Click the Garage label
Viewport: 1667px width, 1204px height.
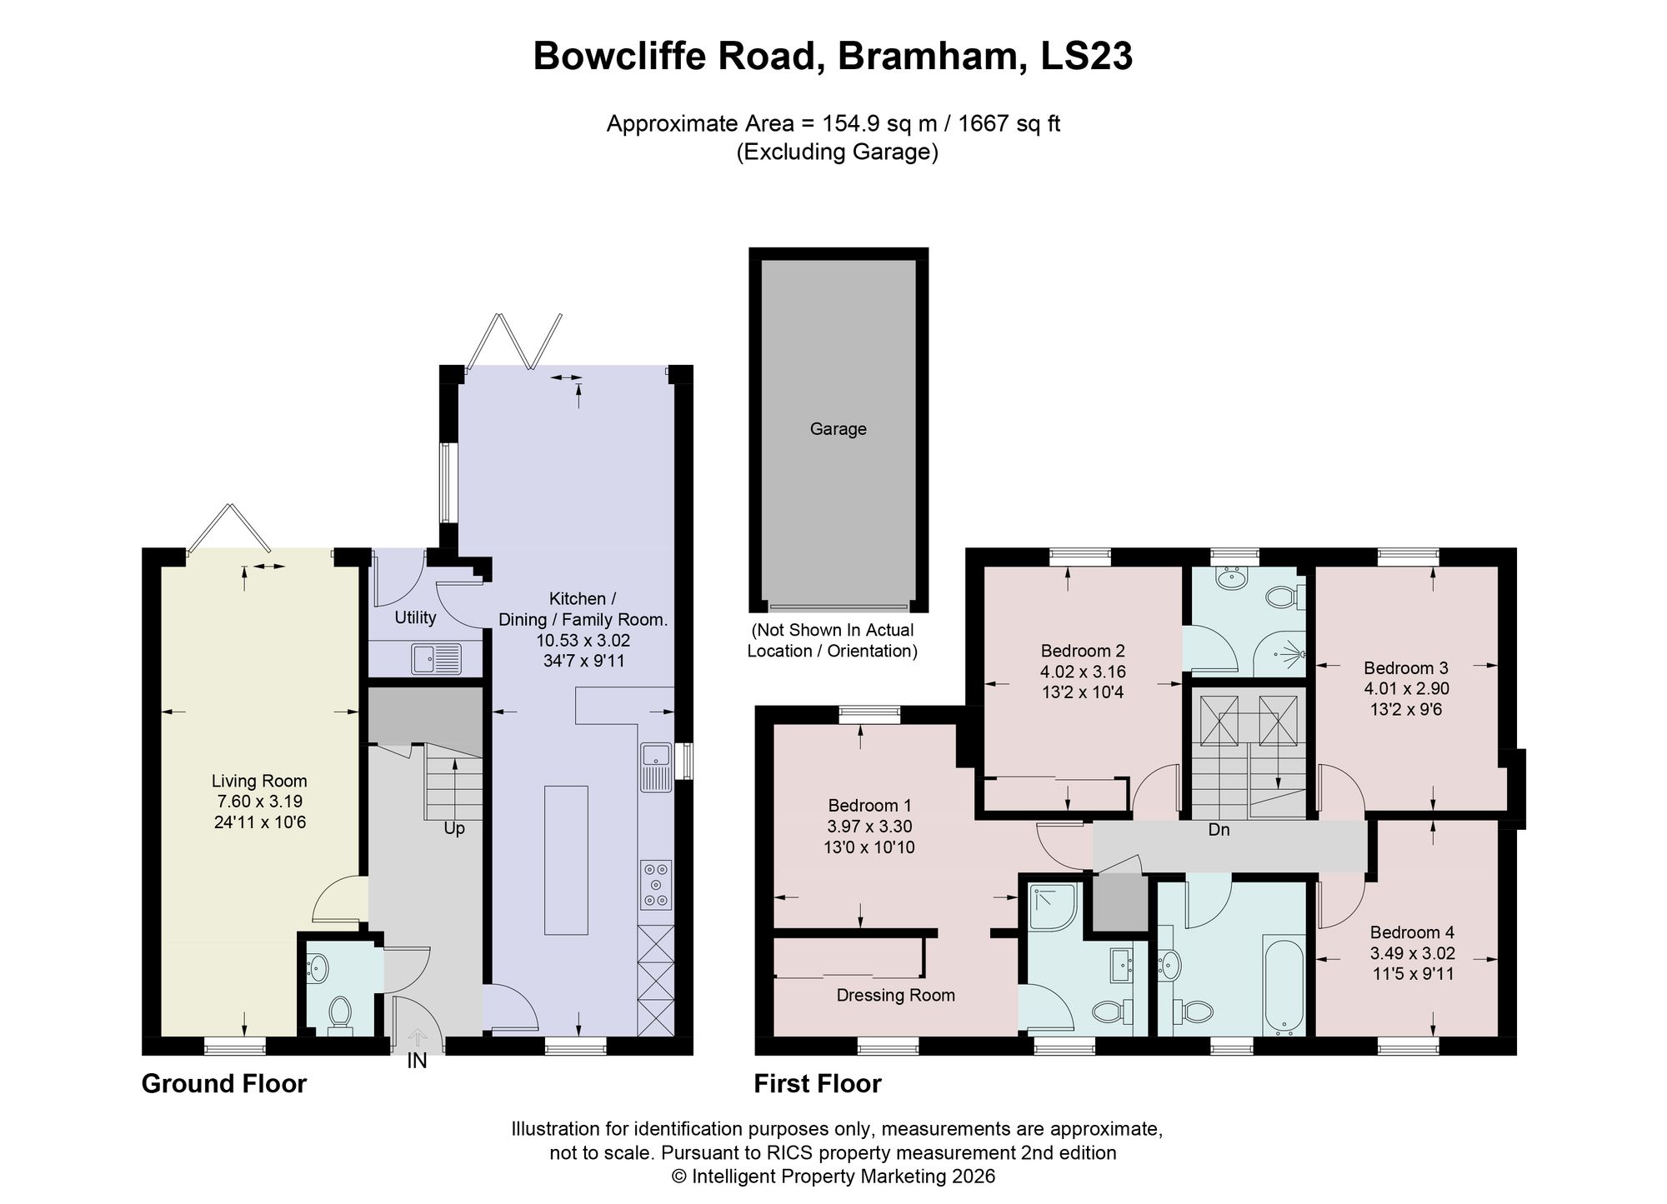[x=838, y=429]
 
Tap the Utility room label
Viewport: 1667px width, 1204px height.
[x=415, y=617]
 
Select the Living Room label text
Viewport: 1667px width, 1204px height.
[x=259, y=781]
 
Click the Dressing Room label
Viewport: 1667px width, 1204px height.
[x=896, y=995]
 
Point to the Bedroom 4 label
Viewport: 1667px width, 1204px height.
[x=1412, y=932]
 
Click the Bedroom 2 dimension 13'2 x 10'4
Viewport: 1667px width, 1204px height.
[x=1084, y=692]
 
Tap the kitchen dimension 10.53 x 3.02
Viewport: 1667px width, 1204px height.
[x=583, y=641]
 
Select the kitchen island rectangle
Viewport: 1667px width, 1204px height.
[x=566, y=860]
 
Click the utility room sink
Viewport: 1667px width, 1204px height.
[x=436, y=659]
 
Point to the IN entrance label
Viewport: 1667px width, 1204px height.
[x=417, y=1062]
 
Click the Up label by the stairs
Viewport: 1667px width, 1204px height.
[x=454, y=829]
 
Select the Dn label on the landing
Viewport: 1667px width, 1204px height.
[x=1219, y=830]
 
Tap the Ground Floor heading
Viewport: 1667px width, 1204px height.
[x=224, y=1083]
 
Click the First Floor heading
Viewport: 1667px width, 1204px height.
[x=818, y=1083]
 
